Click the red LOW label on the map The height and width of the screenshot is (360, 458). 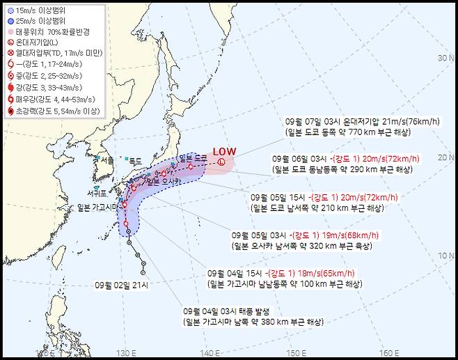224,151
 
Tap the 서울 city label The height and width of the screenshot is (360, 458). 106,159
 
